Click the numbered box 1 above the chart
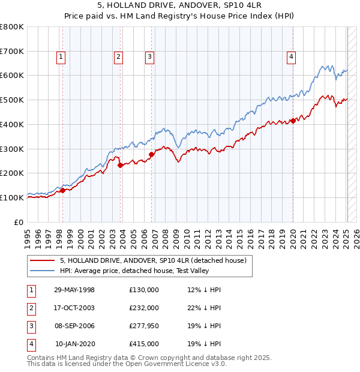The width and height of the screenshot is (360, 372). pyautogui.click(x=62, y=57)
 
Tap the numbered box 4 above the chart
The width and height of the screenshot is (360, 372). pyautogui.click(x=291, y=57)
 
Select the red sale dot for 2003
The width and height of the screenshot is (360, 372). pyautogui.click(x=120, y=165)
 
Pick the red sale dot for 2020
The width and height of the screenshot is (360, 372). pyautogui.click(x=293, y=121)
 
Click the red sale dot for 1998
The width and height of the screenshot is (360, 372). pyautogui.click(x=62, y=190)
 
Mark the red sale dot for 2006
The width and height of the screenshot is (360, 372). pyautogui.click(x=151, y=154)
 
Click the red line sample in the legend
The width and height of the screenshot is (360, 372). pyautogui.click(x=43, y=260)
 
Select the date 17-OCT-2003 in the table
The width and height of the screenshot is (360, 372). pyautogui.click(x=74, y=308)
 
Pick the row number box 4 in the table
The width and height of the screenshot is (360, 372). pyautogui.click(x=31, y=344)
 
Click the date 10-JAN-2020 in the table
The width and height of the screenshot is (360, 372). pyautogui.click(x=74, y=344)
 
